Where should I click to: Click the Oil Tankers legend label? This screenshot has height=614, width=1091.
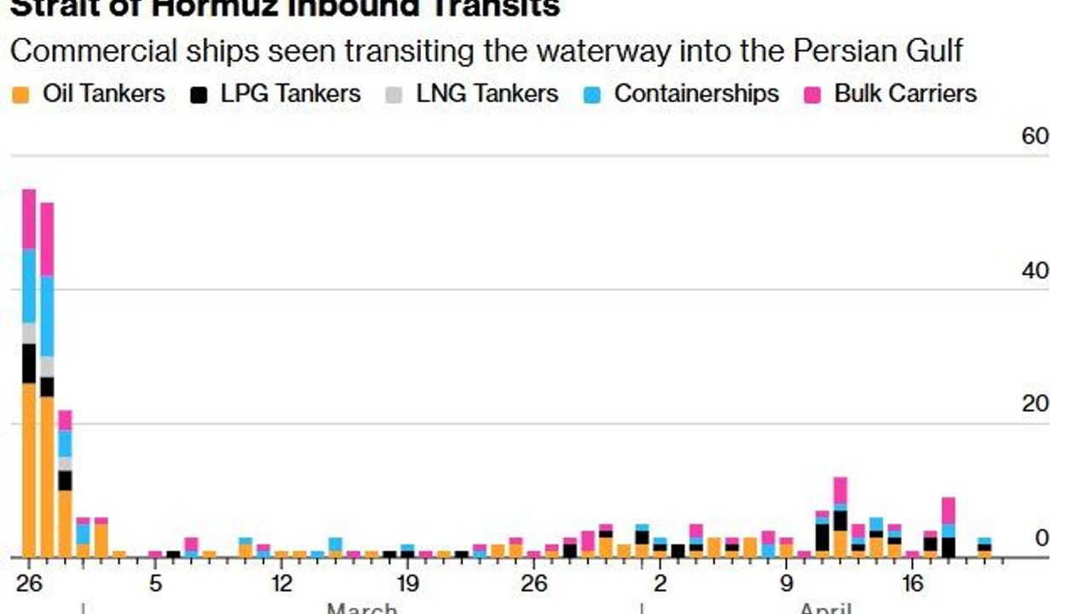tap(103, 94)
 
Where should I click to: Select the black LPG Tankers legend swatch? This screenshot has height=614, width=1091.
tap(199, 94)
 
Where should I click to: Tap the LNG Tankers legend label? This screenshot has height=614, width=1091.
tap(487, 94)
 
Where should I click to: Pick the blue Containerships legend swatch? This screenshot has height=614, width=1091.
tap(592, 94)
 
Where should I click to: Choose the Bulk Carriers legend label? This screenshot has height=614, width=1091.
tap(904, 94)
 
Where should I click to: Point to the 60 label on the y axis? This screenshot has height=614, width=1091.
tap(1035, 136)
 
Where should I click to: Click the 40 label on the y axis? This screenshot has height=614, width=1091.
tap(1035, 271)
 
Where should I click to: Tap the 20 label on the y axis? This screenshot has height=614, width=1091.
tap(1035, 404)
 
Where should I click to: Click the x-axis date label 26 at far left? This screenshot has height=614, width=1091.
tap(29, 584)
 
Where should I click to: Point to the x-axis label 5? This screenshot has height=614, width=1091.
tap(155, 584)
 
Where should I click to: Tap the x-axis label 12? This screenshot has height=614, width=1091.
tap(281, 584)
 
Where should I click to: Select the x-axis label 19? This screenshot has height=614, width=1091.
tap(407, 584)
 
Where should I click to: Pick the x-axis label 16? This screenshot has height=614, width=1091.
tap(913, 584)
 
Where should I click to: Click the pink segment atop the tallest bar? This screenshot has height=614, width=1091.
tap(29, 218)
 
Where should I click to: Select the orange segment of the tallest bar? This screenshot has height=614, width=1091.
tap(29, 469)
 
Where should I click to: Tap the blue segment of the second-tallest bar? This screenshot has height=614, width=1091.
tap(47, 316)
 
